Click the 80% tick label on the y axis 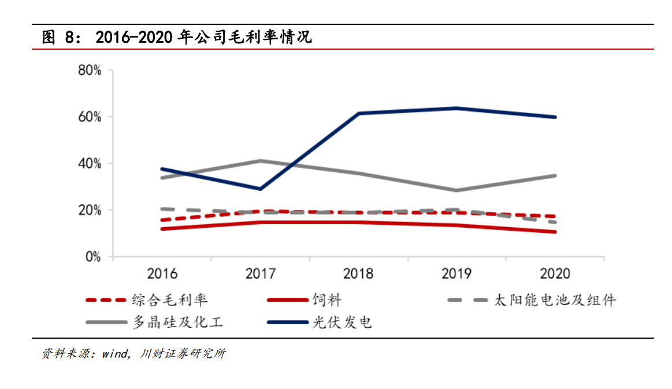click(90, 71)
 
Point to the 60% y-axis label click(90, 117)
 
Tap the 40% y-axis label click(90, 164)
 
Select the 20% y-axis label click(90, 210)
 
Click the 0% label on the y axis click(93, 257)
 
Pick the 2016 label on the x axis click(162, 273)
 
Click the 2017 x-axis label click(261, 273)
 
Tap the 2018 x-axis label click(359, 273)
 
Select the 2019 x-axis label click(457, 273)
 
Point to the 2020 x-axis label click(555, 273)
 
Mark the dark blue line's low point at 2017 click(261, 189)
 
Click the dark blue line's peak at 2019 click(457, 108)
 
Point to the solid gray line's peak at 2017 click(261, 161)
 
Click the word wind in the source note click(116, 354)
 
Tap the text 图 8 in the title click(59, 38)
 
